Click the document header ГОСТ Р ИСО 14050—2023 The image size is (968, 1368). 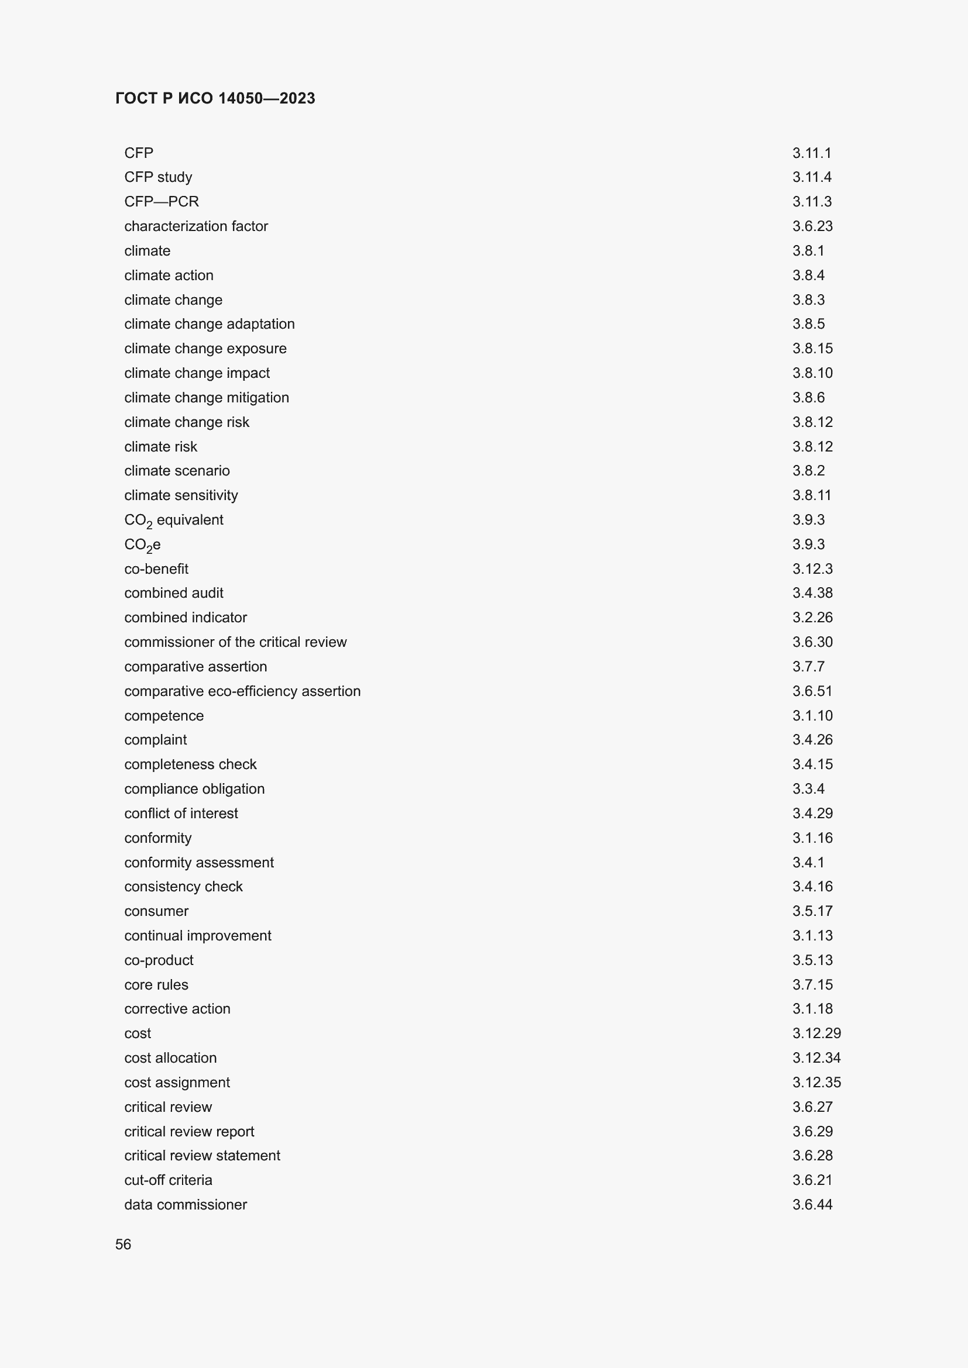[215, 98]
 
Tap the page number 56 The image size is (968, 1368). [123, 1244]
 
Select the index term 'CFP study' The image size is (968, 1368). [158, 177]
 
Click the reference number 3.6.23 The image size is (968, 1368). [812, 226]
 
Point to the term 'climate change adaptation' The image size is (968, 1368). [209, 324]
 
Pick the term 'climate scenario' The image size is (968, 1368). [177, 471]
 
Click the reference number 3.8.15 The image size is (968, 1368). [812, 349]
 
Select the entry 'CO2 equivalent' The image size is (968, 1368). [173, 520]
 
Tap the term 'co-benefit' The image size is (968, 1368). [156, 569]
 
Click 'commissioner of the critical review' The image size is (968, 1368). [235, 642]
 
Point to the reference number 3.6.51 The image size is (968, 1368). [812, 691]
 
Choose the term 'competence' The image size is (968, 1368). [164, 715]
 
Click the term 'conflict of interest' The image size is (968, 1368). [181, 814]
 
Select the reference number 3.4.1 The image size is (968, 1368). [808, 862]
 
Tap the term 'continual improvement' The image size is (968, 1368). [198, 935]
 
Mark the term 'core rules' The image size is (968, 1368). [156, 985]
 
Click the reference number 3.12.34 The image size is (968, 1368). [816, 1057]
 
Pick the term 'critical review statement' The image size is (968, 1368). [202, 1155]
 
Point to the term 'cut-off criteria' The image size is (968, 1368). [168, 1180]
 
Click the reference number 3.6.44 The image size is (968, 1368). [812, 1204]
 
